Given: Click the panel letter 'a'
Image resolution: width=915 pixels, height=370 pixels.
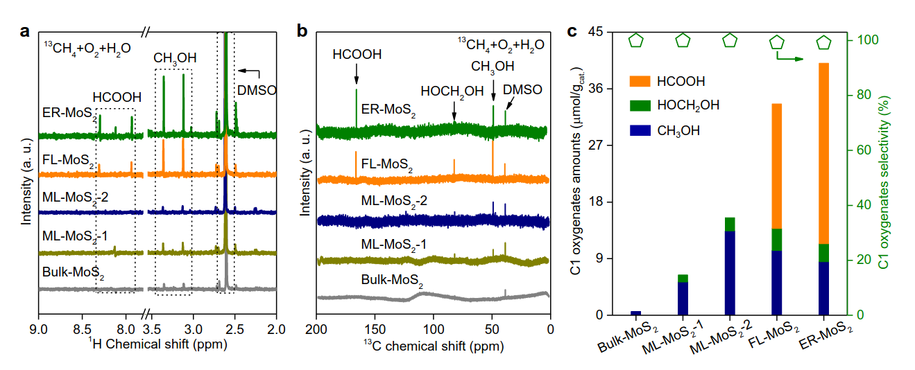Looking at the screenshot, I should coord(25,31).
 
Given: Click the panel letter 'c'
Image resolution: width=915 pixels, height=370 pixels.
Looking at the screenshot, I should coord(572,31).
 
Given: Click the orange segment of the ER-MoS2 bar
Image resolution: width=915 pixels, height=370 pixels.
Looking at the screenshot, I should coord(824,152).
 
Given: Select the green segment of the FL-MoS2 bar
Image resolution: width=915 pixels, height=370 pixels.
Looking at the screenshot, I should coord(777,239).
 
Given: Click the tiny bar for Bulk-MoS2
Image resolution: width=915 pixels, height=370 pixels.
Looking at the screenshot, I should coord(636,313).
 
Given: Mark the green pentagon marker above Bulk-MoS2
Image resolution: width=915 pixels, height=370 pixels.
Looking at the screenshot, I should coord(636,41).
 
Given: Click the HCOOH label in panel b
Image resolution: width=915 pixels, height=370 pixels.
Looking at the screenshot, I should coord(357,54).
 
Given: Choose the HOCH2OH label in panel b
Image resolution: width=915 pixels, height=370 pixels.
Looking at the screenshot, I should coord(453,91).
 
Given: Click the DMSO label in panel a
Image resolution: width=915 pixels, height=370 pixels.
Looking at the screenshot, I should coord(257,90).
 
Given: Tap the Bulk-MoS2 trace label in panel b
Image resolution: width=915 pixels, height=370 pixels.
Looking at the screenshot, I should coord(392,281).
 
